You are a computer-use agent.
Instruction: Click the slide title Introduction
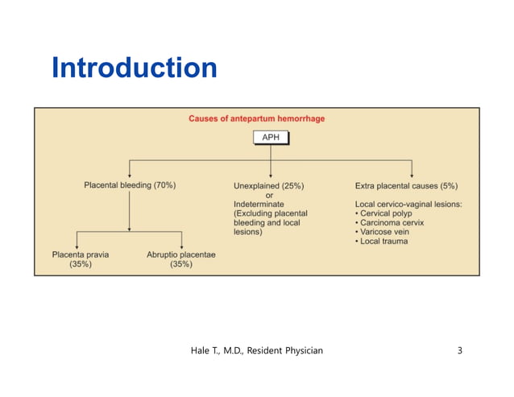(134, 68)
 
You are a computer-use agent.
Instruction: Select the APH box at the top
(270, 138)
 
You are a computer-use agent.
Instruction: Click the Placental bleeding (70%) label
(130, 184)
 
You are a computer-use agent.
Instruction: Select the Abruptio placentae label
(181, 254)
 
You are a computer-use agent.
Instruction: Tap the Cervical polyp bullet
(386, 213)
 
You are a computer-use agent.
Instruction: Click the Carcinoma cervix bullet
(392, 223)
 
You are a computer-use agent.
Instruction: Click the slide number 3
(459, 350)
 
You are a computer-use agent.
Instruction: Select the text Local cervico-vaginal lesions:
(408, 204)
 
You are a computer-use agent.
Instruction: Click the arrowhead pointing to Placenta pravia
(77, 245)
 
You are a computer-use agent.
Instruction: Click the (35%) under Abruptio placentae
(181, 264)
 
